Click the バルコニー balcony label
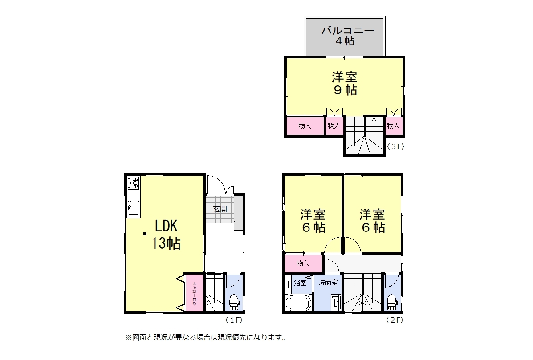348,31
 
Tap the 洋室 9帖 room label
345,84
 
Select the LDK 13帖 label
166,235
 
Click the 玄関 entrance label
220,209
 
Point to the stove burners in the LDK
133,182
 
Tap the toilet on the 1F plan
234,302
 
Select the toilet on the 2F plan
392,302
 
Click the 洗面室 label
328,282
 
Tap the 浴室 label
300,283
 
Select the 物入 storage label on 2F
303,263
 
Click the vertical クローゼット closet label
195,293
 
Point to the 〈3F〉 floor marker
396,147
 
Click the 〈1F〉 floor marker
234,320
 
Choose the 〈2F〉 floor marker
395,320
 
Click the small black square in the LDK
145,234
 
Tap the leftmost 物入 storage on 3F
305,125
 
